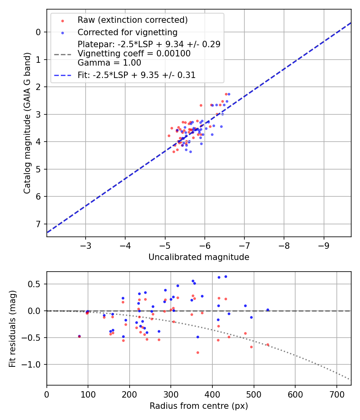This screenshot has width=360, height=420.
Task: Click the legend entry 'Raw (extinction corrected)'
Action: (132, 20)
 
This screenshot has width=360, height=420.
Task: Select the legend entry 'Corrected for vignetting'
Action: (127, 32)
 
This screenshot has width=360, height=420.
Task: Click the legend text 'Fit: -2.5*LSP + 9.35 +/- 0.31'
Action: (136, 75)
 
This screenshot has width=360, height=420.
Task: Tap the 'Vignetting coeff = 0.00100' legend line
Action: (134, 53)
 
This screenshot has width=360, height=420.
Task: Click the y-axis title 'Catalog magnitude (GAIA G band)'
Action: (27, 123)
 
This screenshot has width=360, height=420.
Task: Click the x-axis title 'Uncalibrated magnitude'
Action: (199, 257)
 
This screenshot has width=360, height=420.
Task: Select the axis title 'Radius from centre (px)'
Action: (199, 406)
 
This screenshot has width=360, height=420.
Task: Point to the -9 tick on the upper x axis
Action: (324, 244)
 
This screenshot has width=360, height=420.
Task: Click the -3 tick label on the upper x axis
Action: (86, 244)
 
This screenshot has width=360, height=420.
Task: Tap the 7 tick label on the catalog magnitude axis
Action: (38, 224)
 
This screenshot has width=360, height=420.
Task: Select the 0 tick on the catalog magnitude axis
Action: (38, 32)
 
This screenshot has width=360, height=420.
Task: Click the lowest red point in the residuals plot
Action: (198, 352)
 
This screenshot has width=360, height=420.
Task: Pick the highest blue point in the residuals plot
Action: (226, 276)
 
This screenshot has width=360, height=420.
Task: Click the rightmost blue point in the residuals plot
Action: (268, 310)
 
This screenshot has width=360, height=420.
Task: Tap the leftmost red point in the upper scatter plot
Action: (169, 136)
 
